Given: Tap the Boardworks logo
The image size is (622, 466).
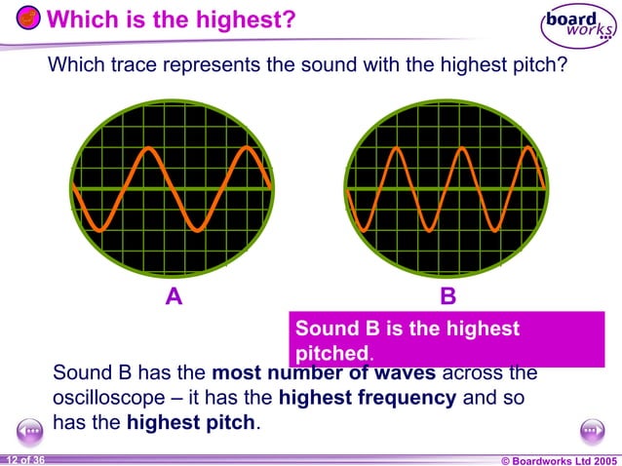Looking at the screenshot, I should coord(576,27).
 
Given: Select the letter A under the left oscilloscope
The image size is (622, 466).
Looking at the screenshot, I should coord(173,297).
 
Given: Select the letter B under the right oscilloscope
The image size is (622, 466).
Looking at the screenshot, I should coord(447,297).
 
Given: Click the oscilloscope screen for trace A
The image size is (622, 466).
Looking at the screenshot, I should coord(173,188).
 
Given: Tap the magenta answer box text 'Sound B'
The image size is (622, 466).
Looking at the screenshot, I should coord(336,330).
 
